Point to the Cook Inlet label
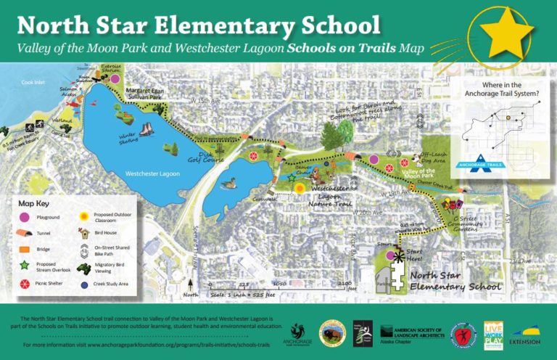(33, 83)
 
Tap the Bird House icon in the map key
(85, 232)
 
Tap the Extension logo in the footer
(525, 334)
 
